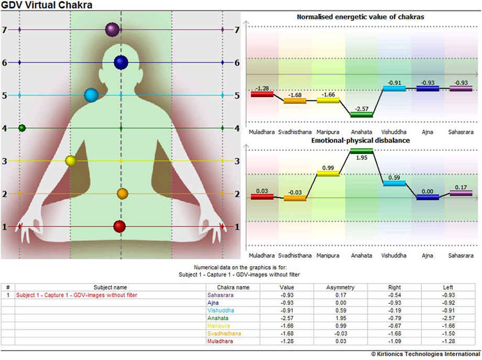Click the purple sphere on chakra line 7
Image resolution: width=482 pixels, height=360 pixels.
point(112,29)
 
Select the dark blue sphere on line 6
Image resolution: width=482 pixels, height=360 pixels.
point(122,62)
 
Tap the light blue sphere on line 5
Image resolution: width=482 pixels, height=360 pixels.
point(92,95)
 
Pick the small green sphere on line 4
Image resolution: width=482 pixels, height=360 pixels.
point(22,128)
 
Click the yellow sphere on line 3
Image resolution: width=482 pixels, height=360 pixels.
point(71,160)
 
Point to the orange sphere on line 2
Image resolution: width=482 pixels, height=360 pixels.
point(123,194)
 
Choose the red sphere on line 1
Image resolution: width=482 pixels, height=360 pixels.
point(120,226)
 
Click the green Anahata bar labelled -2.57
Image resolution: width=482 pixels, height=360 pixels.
point(361,114)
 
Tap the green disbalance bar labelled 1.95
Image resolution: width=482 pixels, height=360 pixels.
point(361,151)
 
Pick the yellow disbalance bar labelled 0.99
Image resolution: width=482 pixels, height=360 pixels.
point(328,173)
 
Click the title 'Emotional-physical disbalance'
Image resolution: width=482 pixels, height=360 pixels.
point(360,140)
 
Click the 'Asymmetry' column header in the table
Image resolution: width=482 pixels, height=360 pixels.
point(340,287)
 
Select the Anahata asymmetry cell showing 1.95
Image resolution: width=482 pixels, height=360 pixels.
point(340,318)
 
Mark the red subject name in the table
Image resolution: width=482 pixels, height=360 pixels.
point(77,295)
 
